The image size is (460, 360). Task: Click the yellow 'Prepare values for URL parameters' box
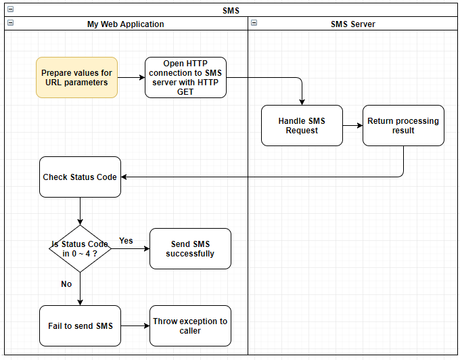click(76, 77)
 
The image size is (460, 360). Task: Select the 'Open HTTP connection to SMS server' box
click(185, 77)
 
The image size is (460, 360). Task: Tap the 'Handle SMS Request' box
click(302, 125)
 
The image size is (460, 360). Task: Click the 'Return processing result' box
click(403, 125)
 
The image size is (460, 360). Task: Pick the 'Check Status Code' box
click(80, 177)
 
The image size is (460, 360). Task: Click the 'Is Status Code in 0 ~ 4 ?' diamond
click(80, 248)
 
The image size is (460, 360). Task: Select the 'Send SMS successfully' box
click(190, 248)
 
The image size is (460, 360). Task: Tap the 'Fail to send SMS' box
click(80, 325)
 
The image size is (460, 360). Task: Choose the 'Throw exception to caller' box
click(190, 325)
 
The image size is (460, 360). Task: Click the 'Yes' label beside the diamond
click(126, 240)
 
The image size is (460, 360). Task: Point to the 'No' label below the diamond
click(66, 284)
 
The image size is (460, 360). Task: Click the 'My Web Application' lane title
click(126, 24)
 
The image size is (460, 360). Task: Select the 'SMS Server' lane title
click(352, 24)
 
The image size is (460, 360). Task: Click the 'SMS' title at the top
click(231, 10)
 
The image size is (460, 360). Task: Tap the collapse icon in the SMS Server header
click(254, 23)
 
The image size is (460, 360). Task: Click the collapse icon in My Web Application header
click(9, 23)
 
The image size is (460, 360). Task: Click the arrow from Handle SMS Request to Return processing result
click(352, 125)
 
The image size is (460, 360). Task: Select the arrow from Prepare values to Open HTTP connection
click(131, 77)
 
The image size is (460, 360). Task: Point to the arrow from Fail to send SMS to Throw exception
click(135, 325)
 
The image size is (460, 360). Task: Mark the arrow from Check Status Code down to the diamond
click(80, 211)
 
